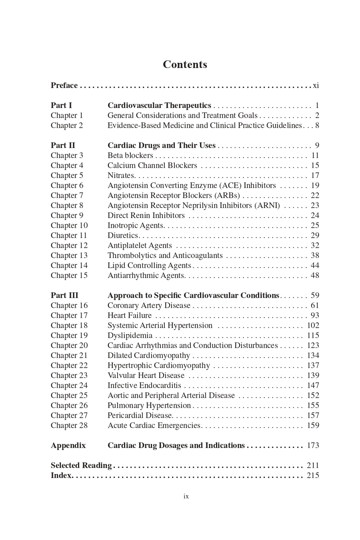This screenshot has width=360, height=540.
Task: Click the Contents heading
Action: click(x=185, y=64)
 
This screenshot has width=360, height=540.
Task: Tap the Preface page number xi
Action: click(x=316, y=86)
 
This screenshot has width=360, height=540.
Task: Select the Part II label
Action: click(x=63, y=146)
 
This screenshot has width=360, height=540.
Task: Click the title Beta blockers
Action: click(x=130, y=156)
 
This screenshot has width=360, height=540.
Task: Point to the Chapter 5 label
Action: click(x=67, y=176)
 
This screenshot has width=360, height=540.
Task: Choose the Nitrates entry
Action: click(x=121, y=176)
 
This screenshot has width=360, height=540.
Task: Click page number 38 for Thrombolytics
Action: click(x=315, y=256)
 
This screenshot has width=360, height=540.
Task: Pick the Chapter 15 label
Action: click(x=69, y=276)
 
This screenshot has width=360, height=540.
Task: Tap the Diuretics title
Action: click(x=123, y=236)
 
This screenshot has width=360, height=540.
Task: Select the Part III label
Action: click(x=64, y=296)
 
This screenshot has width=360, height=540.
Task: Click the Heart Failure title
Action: click(x=129, y=316)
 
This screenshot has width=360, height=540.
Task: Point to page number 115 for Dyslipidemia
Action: click(x=313, y=336)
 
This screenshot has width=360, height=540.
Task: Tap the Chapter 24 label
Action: click(x=69, y=386)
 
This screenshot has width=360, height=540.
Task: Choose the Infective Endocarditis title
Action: click(x=144, y=386)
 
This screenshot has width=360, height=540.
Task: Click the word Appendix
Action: click(x=68, y=446)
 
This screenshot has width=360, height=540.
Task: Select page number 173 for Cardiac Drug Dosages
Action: click(x=313, y=446)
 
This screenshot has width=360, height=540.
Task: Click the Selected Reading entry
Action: click(x=81, y=466)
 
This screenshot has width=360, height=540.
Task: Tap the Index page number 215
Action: click(x=313, y=476)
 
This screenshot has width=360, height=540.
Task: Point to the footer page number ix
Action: click(x=186, y=496)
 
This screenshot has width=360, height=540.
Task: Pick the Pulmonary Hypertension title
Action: click(x=149, y=406)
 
